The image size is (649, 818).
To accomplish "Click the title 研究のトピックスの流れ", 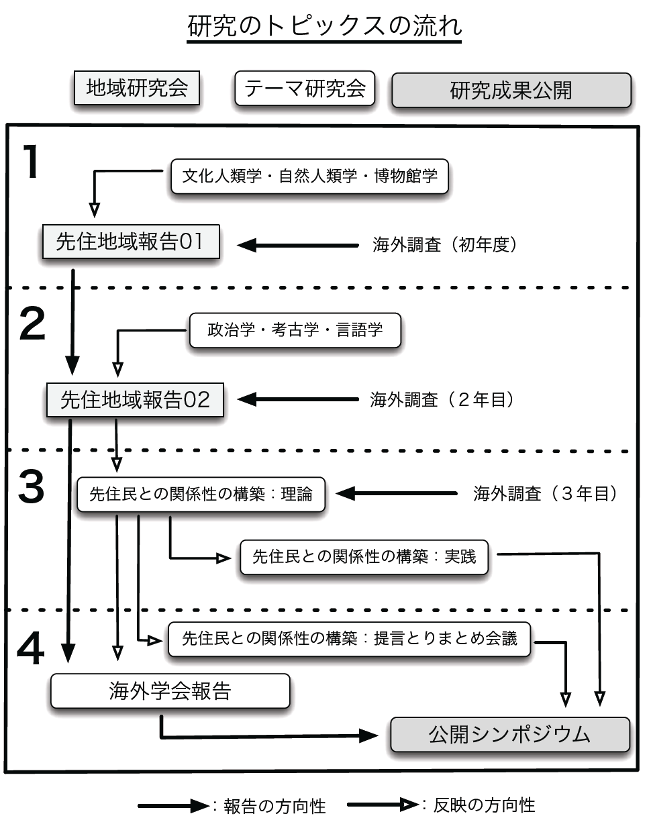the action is click(x=325, y=26).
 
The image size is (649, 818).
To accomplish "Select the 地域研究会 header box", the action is click(x=137, y=88).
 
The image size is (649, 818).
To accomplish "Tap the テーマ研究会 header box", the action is click(x=305, y=88).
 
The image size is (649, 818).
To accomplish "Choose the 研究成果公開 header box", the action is click(x=511, y=90).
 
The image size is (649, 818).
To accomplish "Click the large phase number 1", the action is click(x=32, y=162).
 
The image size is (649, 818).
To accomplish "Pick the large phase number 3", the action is click(x=31, y=487).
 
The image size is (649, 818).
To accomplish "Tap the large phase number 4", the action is click(x=31, y=648).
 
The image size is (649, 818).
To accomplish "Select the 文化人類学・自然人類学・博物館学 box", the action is click(x=310, y=176).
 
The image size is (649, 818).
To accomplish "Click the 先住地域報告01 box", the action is click(x=131, y=242).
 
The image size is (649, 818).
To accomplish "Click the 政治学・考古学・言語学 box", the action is click(x=295, y=330).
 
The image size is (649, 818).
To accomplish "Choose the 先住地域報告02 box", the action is click(x=135, y=400).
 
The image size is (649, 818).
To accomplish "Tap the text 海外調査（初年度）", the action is click(x=445, y=245).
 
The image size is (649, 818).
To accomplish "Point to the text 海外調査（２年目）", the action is click(x=442, y=400).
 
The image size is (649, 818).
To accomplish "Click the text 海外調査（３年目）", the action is click(x=545, y=494).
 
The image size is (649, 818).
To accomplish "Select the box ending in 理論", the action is click(x=201, y=495).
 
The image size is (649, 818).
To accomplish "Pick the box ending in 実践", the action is click(x=364, y=557).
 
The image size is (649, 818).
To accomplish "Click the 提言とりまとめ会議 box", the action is click(x=350, y=640).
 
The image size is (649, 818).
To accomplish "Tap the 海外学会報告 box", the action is click(x=170, y=691).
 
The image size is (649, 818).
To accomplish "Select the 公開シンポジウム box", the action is click(x=510, y=734).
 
